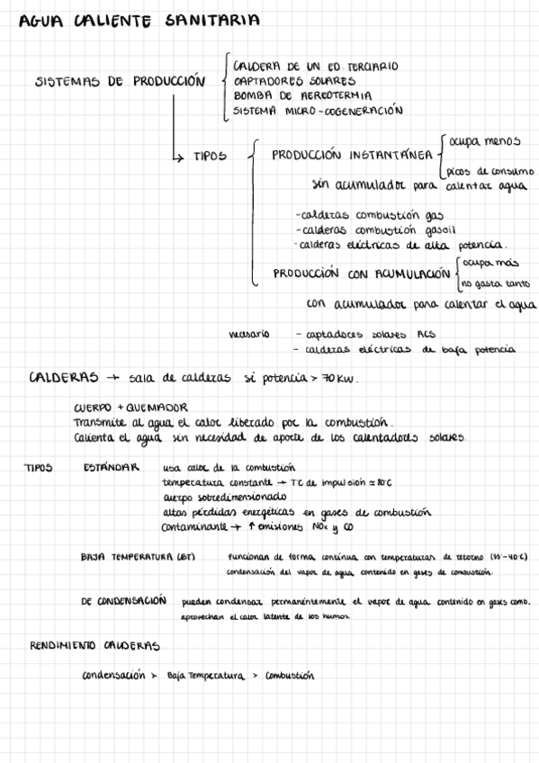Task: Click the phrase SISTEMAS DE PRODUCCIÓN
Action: point(120,81)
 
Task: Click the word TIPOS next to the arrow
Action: point(210,156)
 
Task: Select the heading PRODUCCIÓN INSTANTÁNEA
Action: point(349,155)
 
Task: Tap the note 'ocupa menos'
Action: point(485,140)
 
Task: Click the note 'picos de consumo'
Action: point(490,171)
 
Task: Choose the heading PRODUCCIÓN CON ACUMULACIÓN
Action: point(362,274)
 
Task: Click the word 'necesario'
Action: point(249,334)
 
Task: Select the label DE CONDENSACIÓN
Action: point(124,600)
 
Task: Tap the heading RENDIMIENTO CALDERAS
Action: point(94,645)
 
